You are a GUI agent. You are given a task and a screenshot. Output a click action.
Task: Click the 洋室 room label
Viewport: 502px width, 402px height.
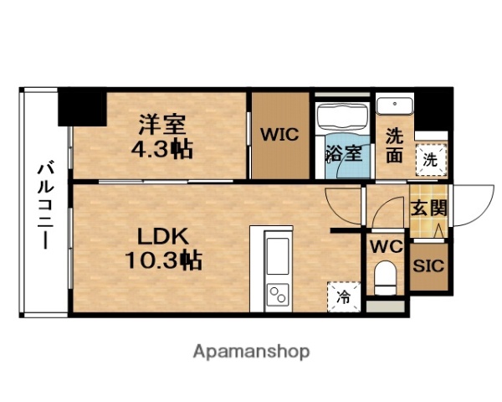click(162, 126)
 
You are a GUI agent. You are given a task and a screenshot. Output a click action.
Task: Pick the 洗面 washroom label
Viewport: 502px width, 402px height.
click(394, 145)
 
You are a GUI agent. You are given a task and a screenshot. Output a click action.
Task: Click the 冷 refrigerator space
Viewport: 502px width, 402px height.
click(343, 296)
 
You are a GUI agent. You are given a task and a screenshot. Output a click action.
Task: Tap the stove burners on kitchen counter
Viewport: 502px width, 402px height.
click(277, 294)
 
